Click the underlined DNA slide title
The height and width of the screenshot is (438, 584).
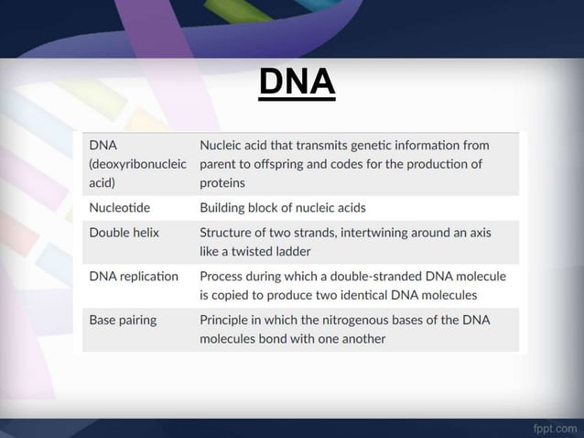pyautogui.click(x=297, y=82)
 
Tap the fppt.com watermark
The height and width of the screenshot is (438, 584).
pyautogui.click(x=555, y=427)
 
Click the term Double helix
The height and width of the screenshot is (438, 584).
pyautogui.click(x=124, y=233)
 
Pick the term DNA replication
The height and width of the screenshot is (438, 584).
pyautogui.click(x=134, y=276)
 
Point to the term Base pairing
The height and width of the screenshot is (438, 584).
pyautogui.click(x=123, y=320)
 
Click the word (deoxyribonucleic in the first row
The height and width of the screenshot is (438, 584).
pyautogui.click(x=138, y=164)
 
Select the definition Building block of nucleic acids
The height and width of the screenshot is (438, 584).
pyautogui.click(x=282, y=207)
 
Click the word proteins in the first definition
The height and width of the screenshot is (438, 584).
pyautogui.click(x=222, y=182)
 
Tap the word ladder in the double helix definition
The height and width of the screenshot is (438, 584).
pyautogui.click(x=291, y=250)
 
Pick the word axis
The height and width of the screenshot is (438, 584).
pyautogui.click(x=478, y=233)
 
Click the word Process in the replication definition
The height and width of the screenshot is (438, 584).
pyautogui.click(x=223, y=276)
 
